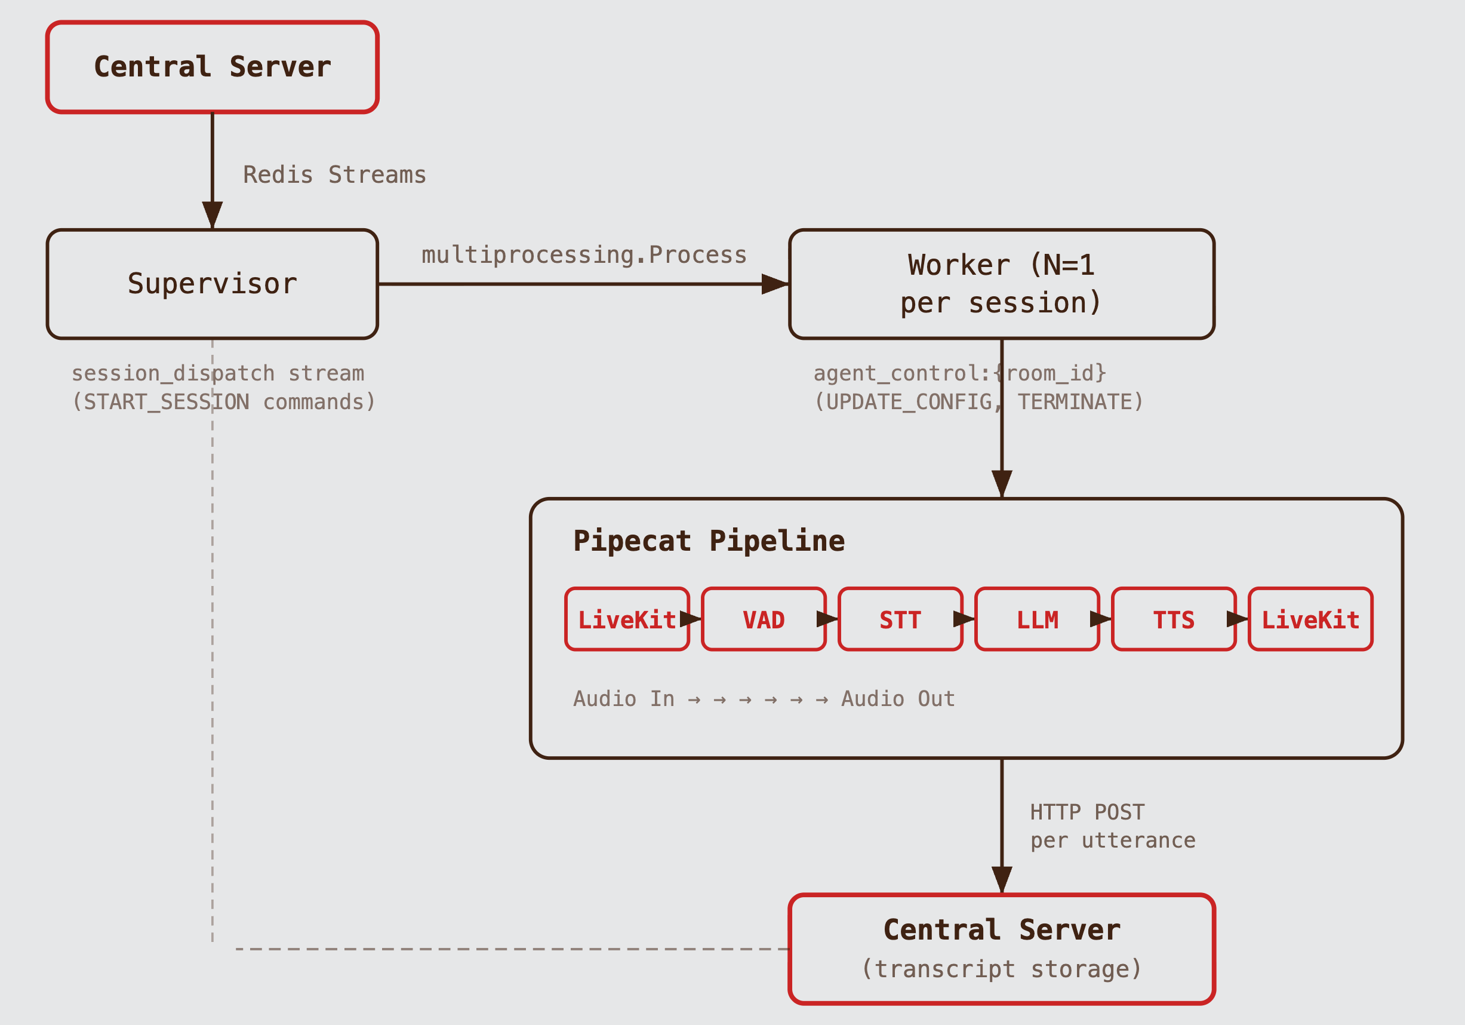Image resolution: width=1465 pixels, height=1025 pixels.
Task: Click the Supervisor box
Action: pyautogui.click(x=212, y=284)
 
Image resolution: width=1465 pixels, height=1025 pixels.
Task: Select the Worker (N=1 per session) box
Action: pyautogui.click(x=1001, y=284)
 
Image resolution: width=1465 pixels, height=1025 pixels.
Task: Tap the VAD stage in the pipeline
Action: pyautogui.click(x=763, y=619)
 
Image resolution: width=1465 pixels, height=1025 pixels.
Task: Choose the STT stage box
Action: pyautogui.click(x=900, y=619)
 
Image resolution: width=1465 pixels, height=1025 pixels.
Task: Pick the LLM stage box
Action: pyautogui.click(x=1037, y=619)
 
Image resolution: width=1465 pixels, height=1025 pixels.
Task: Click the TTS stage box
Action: pyautogui.click(x=1174, y=619)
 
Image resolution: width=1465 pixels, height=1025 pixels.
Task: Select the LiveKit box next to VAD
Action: pyautogui.click(x=627, y=619)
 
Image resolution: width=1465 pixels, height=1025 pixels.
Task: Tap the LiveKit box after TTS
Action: pyautogui.click(x=1310, y=619)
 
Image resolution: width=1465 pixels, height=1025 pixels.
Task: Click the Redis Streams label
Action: pyautogui.click(x=334, y=175)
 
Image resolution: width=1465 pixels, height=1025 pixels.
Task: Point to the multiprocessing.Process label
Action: pyautogui.click(x=584, y=254)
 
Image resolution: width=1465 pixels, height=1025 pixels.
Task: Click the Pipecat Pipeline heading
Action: pyautogui.click(x=708, y=541)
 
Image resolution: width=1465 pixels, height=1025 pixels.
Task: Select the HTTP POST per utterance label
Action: pyautogui.click(x=1112, y=826)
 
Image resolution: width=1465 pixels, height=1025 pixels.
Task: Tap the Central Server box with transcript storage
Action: pyautogui.click(x=1001, y=949)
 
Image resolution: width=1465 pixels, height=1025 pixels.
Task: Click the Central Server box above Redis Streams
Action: pyautogui.click(x=212, y=67)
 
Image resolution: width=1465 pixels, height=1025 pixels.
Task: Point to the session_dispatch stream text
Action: pyautogui.click(x=217, y=373)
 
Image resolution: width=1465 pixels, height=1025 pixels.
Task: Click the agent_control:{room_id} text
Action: pyautogui.click(x=959, y=373)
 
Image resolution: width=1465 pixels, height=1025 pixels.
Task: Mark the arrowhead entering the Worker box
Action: pyautogui.click(x=775, y=284)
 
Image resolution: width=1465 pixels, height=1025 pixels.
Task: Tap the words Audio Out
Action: pyautogui.click(x=897, y=698)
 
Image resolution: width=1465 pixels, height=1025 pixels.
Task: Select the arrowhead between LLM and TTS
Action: pyautogui.click(x=1101, y=619)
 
